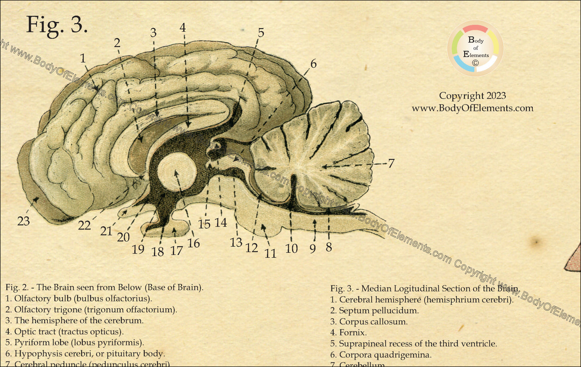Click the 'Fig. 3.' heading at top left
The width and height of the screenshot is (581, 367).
click(x=57, y=25)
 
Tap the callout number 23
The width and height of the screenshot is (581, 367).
click(x=23, y=221)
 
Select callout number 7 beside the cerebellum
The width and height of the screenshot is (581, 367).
click(x=391, y=164)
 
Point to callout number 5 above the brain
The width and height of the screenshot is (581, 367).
click(x=261, y=33)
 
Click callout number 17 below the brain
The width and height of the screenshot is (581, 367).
click(x=176, y=250)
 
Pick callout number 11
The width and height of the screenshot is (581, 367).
click(x=270, y=253)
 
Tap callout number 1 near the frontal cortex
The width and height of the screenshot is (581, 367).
click(x=83, y=59)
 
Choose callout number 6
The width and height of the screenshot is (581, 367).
click(x=313, y=64)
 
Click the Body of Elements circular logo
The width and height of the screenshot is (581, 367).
click(x=475, y=48)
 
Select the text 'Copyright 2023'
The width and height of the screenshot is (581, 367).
click(x=472, y=96)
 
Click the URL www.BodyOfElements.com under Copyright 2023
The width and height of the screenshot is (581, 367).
click(x=472, y=108)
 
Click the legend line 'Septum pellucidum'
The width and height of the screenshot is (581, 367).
click(x=374, y=311)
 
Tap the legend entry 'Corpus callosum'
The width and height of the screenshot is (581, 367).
click(x=369, y=322)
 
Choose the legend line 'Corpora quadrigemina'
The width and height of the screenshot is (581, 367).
click(x=380, y=355)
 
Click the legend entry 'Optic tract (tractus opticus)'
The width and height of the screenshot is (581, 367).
click(x=64, y=332)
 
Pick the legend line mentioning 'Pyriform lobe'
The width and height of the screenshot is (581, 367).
click(x=74, y=343)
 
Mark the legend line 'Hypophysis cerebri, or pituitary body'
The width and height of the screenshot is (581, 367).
click(x=85, y=354)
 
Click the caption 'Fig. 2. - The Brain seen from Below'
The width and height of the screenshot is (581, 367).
click(x=104, y=287)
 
